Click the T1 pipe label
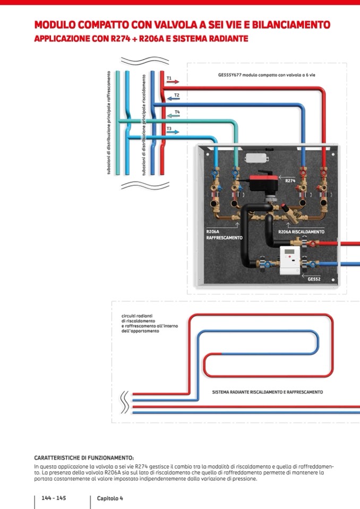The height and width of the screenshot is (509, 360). point(169,78)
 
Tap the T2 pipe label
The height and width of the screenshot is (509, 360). point(177,95)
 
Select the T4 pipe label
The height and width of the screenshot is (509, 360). point(177,112)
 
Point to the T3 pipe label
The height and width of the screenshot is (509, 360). point(169,128)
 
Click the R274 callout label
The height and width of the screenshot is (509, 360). point(290,181)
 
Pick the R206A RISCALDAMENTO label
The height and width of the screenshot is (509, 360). point(301,232)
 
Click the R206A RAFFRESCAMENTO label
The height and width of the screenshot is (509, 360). point(224,235)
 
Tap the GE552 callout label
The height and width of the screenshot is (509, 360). point(314,278)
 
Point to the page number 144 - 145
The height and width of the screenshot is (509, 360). point(54,498)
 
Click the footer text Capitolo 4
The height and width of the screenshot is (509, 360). point(110,498)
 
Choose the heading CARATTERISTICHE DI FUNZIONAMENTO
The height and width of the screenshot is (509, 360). point(84,458)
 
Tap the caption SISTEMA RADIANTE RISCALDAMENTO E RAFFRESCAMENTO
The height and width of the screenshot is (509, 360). point(267,392)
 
